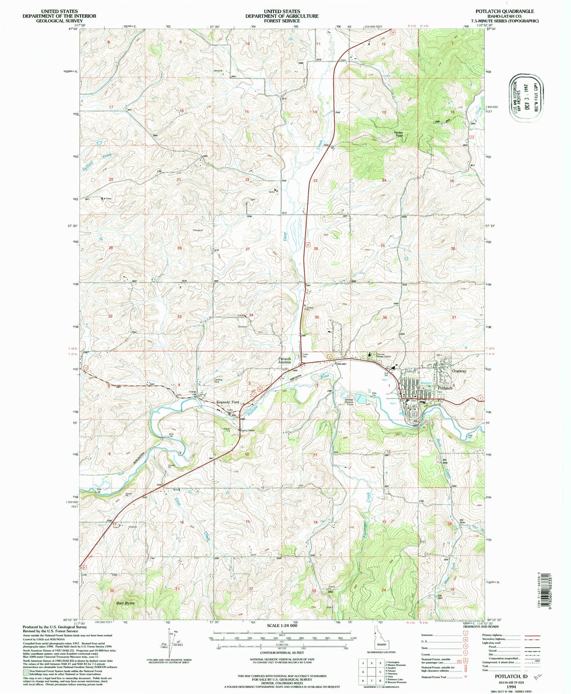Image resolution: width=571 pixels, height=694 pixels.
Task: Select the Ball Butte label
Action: pos(126,603)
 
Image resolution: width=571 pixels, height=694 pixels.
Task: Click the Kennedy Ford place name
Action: pos(228,402)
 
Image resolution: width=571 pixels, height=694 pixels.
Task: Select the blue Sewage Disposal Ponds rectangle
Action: pos(362,399)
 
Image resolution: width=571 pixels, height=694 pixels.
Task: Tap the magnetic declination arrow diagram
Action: pos(170,641)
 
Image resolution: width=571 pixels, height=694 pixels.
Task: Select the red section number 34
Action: pos(251,315)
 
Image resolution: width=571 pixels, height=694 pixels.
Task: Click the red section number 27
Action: pos(247,249)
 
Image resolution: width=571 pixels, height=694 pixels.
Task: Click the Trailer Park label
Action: pos(305,356)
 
